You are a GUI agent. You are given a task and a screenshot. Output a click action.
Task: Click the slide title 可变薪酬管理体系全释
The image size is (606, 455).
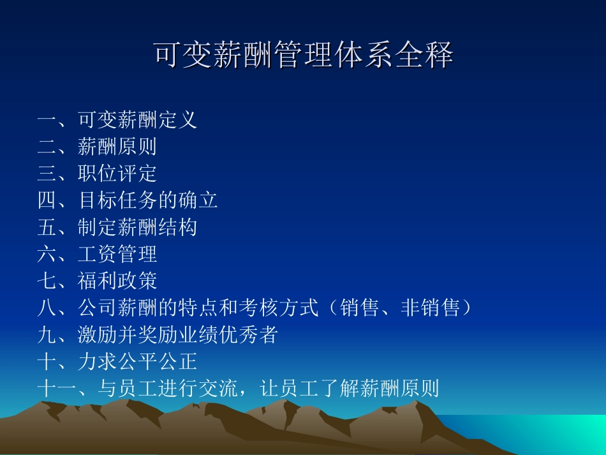click(x=303, y=56)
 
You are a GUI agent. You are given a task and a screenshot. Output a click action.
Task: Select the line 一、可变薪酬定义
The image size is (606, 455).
click(x=117, y=120)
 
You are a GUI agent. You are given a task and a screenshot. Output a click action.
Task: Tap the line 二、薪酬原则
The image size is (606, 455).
click(x=97, y=147)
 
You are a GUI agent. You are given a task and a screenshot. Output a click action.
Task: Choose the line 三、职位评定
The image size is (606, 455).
click(x=97, y=174)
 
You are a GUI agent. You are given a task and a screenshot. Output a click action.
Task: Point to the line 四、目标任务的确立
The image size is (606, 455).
click(x=128, y=200)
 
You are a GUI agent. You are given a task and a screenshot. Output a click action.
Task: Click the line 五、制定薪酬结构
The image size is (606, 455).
click(x=117, y=227)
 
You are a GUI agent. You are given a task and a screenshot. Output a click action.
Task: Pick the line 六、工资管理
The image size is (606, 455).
click(x=97, y=254)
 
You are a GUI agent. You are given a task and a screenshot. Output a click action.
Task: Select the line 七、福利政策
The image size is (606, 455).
click(x=97, y=281)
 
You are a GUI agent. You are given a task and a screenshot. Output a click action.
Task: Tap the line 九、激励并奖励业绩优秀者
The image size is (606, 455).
click(x=158, y=334)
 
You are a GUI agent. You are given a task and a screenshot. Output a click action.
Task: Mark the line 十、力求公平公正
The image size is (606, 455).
click(x=117, y=362)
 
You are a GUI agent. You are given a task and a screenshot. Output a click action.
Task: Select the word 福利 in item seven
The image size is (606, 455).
click(x=98, y=281)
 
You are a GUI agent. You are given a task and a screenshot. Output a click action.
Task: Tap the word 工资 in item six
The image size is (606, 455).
click(x=98, y=254)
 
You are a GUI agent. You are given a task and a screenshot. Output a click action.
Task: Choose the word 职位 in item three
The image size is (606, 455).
click(x=98, y=174)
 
